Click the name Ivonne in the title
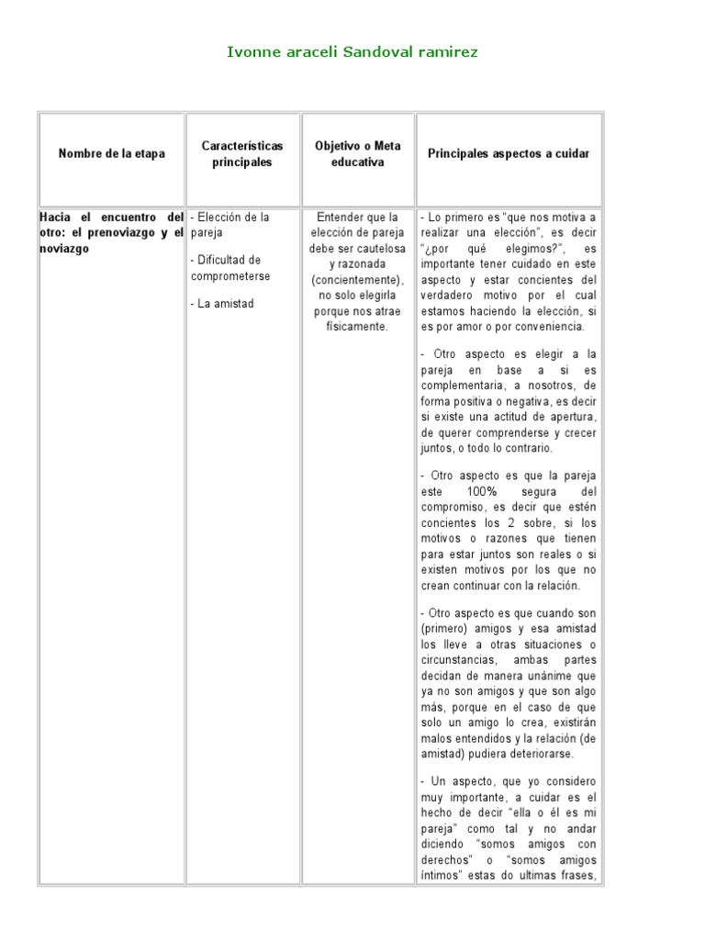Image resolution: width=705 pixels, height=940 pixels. point(251,52)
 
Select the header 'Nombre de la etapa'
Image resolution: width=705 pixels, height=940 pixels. point(112,154)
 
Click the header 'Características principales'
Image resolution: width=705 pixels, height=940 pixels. point(243,154)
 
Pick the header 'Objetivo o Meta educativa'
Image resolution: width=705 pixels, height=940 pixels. point(357,154)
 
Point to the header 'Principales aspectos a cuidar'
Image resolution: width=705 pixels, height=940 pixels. point(509,154)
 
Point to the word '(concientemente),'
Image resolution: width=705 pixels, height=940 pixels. point(358,279)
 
